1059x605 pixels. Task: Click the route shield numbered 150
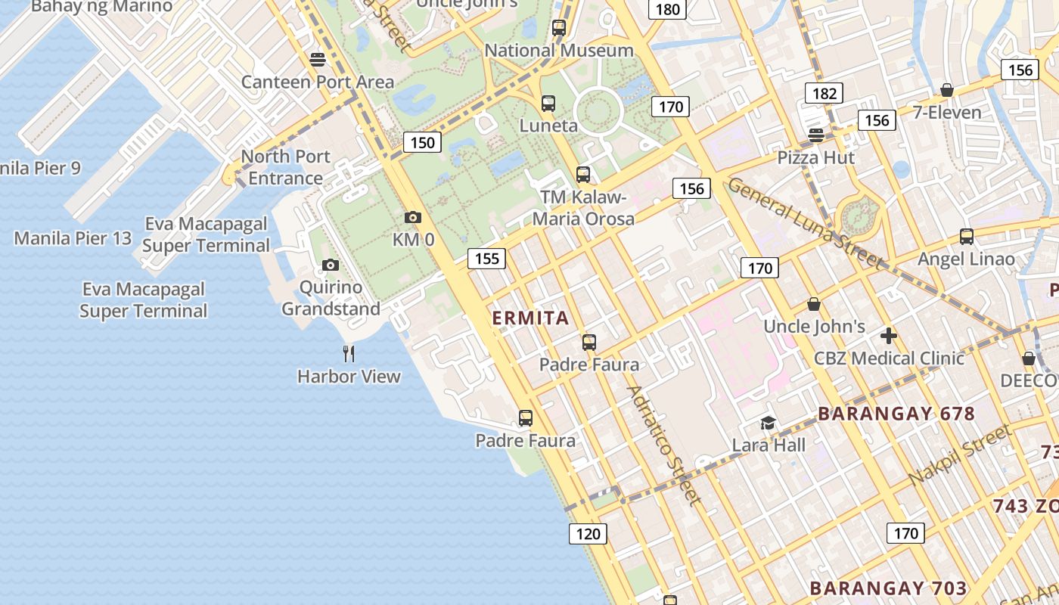[422, 142]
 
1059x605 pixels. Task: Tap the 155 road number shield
[486, 259]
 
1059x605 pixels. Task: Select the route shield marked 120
[588, 534]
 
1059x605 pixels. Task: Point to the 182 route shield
[824, 93]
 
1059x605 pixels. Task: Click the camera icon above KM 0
[412, 218]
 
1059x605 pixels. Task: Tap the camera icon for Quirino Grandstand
[330, 265]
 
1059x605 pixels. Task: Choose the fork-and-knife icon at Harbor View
[349, 353]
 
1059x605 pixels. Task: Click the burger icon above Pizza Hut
[815, 135]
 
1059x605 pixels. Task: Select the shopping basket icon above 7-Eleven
[946, 91]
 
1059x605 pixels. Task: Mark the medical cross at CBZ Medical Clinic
[889, 335]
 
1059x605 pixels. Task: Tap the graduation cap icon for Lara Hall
[768, 423]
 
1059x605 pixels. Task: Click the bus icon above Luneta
[548, 104]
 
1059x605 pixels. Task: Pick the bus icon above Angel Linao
[966, 237]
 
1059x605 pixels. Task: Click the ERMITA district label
[531, 318]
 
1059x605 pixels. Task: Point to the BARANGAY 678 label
[896, 414]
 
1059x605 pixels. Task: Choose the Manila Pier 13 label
[73, 239]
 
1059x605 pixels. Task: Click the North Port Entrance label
[285, 167]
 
